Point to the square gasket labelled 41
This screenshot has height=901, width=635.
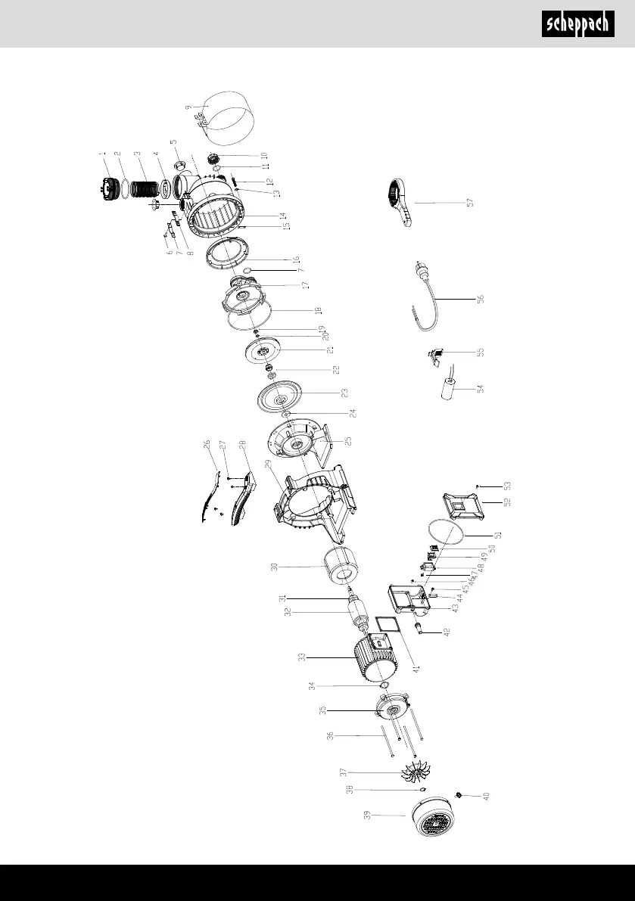(x=390, y=627)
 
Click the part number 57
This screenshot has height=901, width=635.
(x=471, y=204)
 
